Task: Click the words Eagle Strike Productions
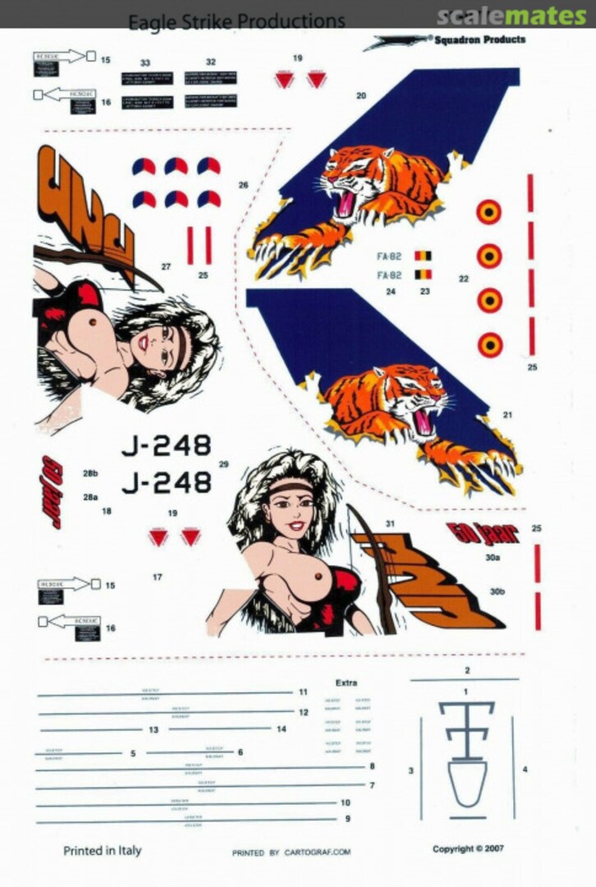[236, 21]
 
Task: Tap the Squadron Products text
[480, 39]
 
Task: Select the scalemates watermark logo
[511, 15]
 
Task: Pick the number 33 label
[145, 62]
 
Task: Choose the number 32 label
[211, 62]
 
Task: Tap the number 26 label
[243, 186]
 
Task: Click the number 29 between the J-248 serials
[223, 465]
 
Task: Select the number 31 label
[390, 524]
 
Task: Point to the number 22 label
[464, 279]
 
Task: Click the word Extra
[346, 682]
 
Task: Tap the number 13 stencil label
[154, 729]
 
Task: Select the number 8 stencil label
[372, 766]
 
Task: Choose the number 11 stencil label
[303, 692]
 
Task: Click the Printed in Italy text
[102, 851]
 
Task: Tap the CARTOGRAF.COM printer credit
[291, 853]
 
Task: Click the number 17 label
[157, 577]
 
